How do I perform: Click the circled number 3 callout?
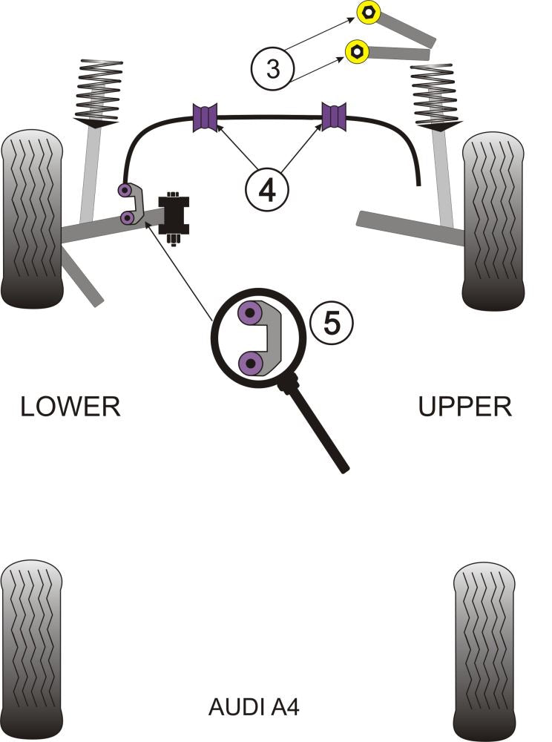pyautogui.click(x=274, y=70)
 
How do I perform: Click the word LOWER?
pyautogui.click(x=70, y=407)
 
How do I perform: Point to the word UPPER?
pyautogui.click(x=465, y=407)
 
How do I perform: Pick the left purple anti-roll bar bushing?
pyautogui.click(x=206, y=117)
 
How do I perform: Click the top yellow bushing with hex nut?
pyautogui.click(x=368, y=13)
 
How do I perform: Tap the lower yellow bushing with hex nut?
pyautogui.click(x=357, y=50)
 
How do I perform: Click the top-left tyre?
pyautogui.click(x=32, y=219)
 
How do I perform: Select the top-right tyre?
pyautogui.click(x=494, y=220)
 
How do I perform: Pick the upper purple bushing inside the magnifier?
pyautogui.click(x=252, y=315)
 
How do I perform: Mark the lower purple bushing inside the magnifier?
pyautogui.click(x=252, y=364)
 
